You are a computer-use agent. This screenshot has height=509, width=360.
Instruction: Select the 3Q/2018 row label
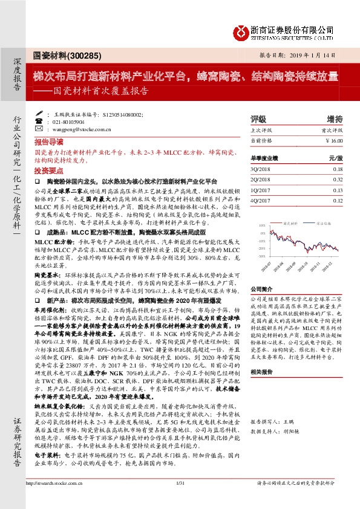tap(260, 170)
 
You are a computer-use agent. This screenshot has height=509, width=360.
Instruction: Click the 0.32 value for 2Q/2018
tap(337, 180)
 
